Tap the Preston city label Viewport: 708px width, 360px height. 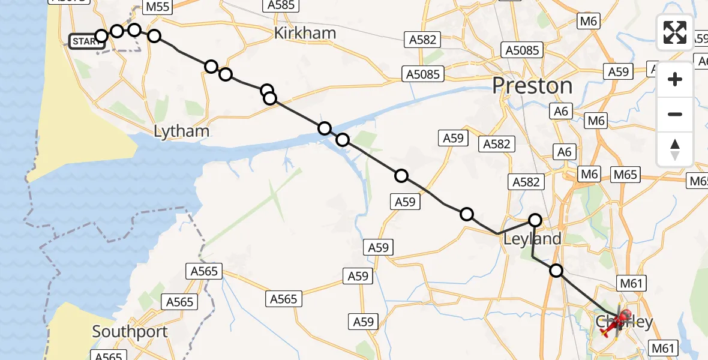click(532, 86)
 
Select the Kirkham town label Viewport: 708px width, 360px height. click(304, 33)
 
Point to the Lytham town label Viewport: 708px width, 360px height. click(181, 131)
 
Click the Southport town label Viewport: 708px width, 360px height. click(130, 332)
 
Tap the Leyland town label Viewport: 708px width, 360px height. click(532, 239)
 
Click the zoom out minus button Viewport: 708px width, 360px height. click(675, 114)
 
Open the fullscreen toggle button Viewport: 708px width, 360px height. click(675, 32)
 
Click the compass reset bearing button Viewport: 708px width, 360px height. click(675, 149)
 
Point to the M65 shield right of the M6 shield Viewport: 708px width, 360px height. click(625, 175)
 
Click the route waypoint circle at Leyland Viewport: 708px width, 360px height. click(535, 220)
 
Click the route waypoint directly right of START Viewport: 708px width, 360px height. click(101, 36)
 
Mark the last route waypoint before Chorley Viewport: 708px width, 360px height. click(556, 271)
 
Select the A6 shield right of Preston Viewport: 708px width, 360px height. click(562, 111)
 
